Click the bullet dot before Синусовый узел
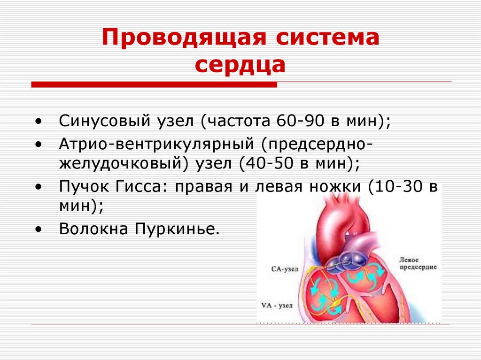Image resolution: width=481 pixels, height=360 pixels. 38,122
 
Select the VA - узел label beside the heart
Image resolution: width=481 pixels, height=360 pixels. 277,306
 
